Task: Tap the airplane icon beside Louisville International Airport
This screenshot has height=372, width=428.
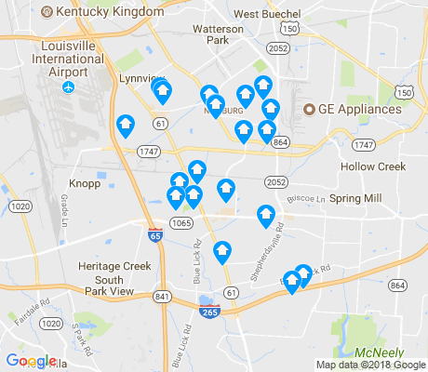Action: tap(68, 87)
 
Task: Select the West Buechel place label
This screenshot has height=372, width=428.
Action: tap(267, 14)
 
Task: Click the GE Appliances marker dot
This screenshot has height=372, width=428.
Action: tap(311, 109)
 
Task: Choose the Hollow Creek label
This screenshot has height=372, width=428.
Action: tap(373, 166)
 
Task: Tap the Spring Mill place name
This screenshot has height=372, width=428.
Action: tap(355, 198)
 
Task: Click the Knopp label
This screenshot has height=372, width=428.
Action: tap(85, 183)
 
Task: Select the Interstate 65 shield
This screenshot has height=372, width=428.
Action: tap(154, 236)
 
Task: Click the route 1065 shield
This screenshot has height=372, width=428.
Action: tap(181, 223)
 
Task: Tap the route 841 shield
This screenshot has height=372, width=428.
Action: tap(164, 296)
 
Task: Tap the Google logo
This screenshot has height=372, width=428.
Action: tap(30, 361)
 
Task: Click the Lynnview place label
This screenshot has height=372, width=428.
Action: tap(140, 79)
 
